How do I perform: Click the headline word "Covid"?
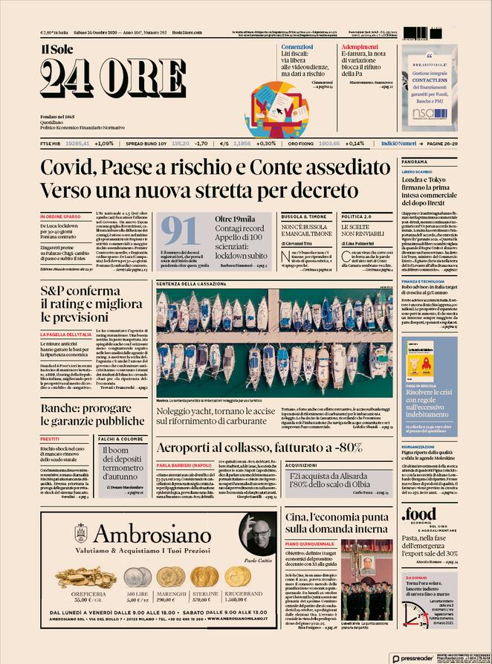(x=72, y=168)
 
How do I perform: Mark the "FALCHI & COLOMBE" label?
(x=121, y=439)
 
